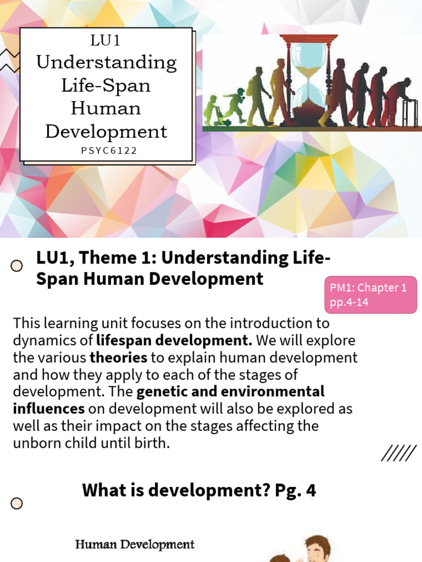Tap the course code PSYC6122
pos(106,150)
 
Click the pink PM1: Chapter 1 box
pos(370,295)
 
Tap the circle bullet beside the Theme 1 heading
pos(17,266)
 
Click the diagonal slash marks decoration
pos(398,454)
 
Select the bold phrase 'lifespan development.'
pos(174,340)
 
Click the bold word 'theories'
pos(118,358)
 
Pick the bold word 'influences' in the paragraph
pos(49,408)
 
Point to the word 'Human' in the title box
pos(106,108)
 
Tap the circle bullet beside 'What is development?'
pos(17,503)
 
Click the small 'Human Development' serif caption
pos(135,544)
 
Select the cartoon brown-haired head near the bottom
pos(317,549)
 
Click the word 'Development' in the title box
pos(106,132)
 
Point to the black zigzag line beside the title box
pos(9,60)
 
